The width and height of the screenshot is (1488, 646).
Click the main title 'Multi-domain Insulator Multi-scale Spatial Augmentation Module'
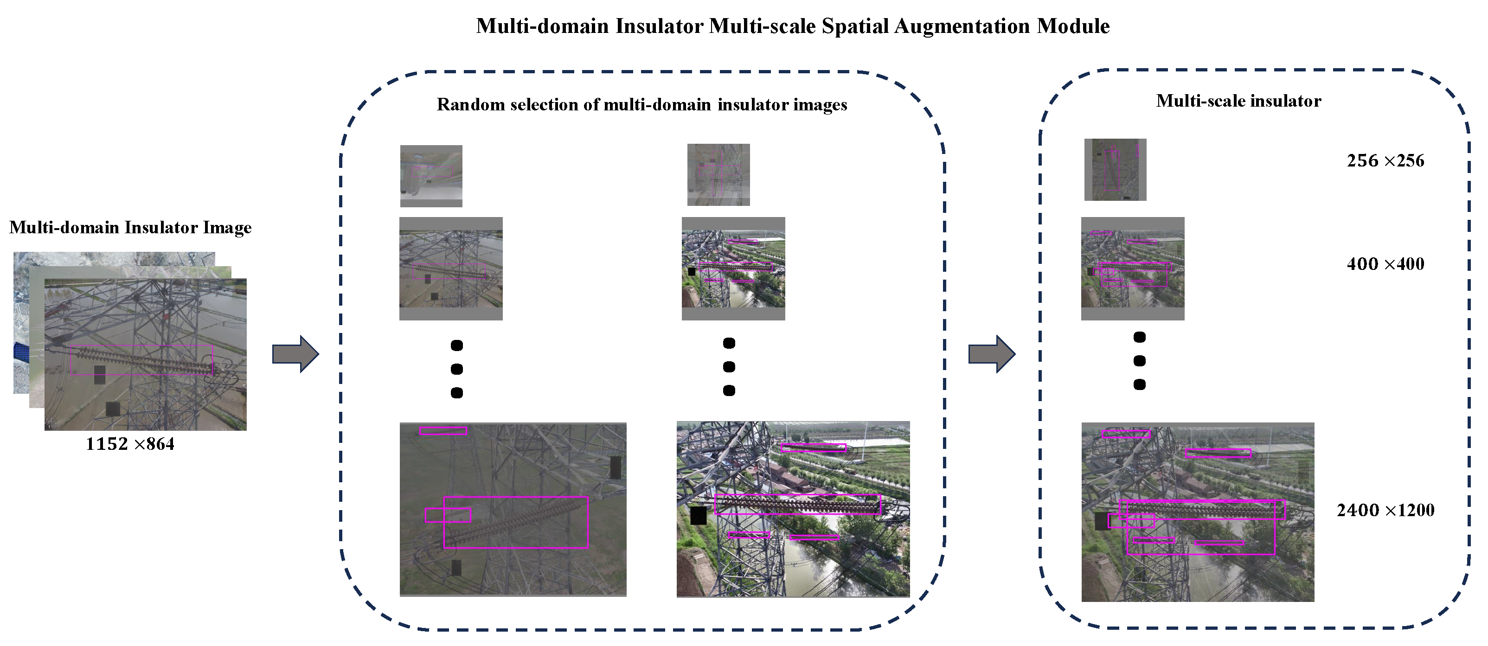(793, 26)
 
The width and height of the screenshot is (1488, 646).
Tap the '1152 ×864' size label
(130, 444)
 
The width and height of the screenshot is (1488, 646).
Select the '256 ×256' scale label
(1385, 160)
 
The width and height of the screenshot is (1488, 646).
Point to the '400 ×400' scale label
(1385, 264)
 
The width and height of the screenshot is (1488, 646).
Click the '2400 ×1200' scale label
(1385, 510)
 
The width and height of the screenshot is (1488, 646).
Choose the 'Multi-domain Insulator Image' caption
(130, 227)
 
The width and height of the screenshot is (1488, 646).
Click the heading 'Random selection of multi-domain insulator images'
(642, 104)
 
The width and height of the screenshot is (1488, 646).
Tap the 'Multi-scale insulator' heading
(1238, 101)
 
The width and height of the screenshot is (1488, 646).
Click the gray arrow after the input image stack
(295, 353)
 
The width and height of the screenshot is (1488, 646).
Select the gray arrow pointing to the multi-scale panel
(991, 353)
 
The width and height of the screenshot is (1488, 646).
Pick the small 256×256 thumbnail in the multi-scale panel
(1115, 170)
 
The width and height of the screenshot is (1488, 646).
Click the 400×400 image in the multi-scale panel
(1132, 269)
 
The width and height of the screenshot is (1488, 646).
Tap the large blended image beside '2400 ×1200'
(1198, 512)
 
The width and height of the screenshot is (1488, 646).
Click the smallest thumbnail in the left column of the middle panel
(431, 176)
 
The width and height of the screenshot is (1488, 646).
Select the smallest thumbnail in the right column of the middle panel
(718, 175)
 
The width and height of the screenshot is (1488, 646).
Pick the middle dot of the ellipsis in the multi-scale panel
(1139, 361)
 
